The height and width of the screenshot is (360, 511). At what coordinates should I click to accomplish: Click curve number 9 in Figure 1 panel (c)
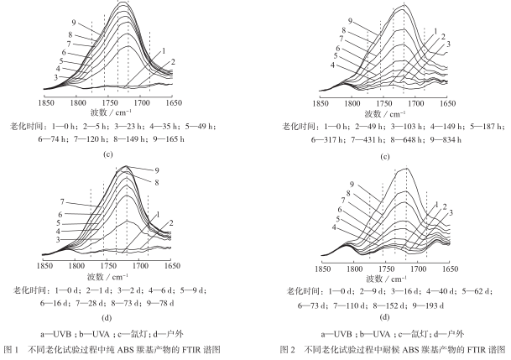click(x=75, y=23)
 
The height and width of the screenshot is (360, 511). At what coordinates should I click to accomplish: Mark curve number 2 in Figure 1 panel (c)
click(x=173, y=63)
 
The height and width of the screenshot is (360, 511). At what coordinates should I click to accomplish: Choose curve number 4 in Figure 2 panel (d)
click(x=335, y=227)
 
